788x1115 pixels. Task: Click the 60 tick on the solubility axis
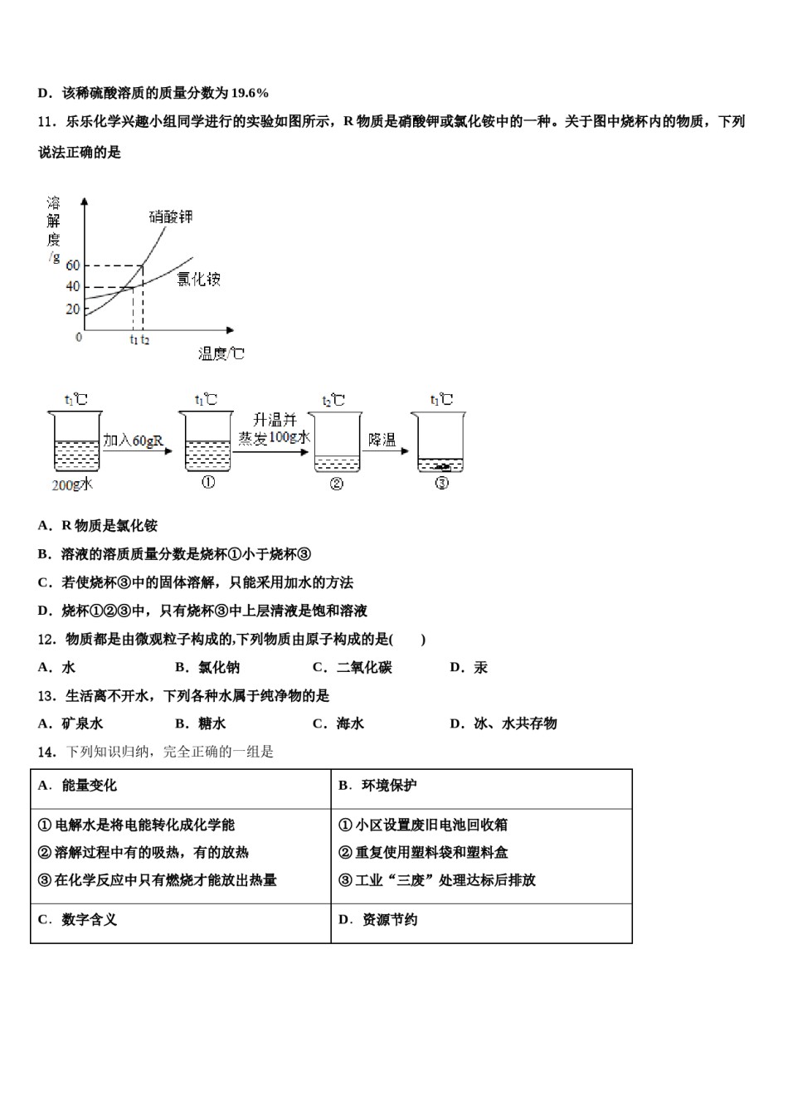pyautogui.click(x=72, y=265)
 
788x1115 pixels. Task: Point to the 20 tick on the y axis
pyautogui.click(x=72, y=309)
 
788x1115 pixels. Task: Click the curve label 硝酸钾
pyautogui.click(x=171, y=217)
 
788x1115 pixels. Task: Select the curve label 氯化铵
pyautogui.click(x=199, y=280)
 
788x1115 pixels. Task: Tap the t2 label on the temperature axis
pyautogui.click(x=145, y=339)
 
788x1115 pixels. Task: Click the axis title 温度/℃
pyautogui.click(x=221, y=354)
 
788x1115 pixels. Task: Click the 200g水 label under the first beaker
pyautogui.click(x=72, y=484)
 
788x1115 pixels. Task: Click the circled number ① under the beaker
pyautogui.click(x=207, y=483)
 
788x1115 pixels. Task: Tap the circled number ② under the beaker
pyautogui.click(x=336, y=484)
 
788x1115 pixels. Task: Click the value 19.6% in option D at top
pyautogui.click(x=250, y=93)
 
